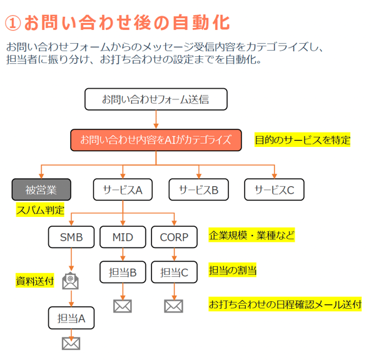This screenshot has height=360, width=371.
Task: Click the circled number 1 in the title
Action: tap(13, 22)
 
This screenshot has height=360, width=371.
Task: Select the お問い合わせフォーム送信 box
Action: tap(155, 99)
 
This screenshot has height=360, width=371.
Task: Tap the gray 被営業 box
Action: tap(41, 190)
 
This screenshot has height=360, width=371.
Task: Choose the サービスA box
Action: tap(123, 190)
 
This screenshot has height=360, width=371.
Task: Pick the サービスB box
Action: tap(199, 190)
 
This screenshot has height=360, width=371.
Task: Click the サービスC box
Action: tap(274, 190)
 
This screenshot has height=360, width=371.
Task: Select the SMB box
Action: tap(71, 237)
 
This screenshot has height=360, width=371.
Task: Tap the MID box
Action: tap(123, 237)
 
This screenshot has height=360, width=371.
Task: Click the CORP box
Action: tap(174, 237)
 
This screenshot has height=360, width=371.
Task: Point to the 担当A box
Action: tap(71, 318)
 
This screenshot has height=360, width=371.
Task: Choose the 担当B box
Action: tap(123, 272)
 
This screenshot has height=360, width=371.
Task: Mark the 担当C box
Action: tap(174, 272)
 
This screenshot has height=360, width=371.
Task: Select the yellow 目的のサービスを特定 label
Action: tap(302, 140)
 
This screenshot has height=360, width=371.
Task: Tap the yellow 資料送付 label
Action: tap(35, 281)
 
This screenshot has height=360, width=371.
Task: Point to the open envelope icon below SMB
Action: tap(71, 281)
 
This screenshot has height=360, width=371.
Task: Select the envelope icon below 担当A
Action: tap(71, 343)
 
